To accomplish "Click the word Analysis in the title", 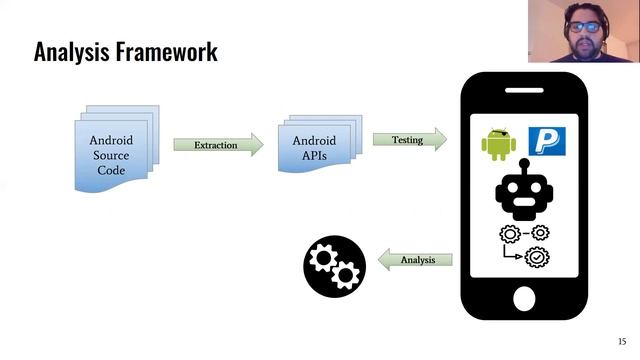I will click(70, 51).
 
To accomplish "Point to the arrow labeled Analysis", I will click(415, 260).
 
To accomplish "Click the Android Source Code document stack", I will click(111, 152).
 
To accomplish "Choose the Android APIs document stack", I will click(314, 149).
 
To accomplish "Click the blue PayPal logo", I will click(546, 140).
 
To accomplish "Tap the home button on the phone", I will click(525, 297).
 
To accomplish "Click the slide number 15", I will click(621, 341).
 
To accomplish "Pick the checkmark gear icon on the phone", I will click(538, 257).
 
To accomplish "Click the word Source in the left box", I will click(111, 156).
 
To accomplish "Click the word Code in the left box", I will click(111, 171).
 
